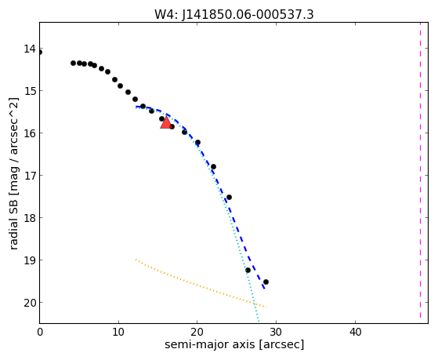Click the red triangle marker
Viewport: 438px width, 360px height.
pos(166,123)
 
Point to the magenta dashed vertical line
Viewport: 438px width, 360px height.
pos(420,170)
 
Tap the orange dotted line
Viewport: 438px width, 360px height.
pos(201,283)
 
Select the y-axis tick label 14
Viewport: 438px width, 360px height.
pos(30,49)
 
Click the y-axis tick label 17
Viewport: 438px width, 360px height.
pos(30,176)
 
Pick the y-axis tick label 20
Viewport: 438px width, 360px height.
pos(30,303)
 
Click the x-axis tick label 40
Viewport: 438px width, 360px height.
pos(355,332)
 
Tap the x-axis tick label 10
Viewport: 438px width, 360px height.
pos(119,332)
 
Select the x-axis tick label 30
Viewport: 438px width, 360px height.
pos(277,332)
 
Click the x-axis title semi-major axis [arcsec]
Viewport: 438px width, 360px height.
pos(234,344)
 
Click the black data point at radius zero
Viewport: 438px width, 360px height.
pos(39,53)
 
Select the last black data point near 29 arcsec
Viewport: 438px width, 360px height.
pos(266,282)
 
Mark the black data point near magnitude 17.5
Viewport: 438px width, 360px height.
pos(229,197)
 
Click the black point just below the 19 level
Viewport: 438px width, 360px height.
pos(248,271)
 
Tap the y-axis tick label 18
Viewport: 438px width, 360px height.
pos(30,217)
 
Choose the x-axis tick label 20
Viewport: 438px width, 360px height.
pos(197,332)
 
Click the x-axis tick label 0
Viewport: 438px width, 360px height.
pos(40,332)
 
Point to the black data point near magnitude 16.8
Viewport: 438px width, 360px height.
pos(213,167)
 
